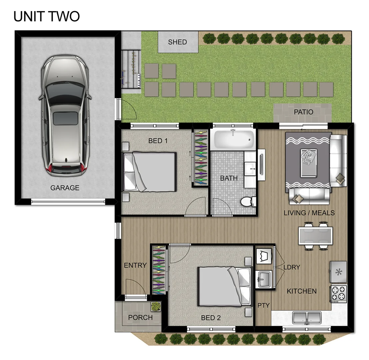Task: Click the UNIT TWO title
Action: (x=46, y=16)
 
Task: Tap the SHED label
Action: (x=178, y=42)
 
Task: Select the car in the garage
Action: (x=65, y=116)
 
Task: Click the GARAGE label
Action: (x=65, y=188)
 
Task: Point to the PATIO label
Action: (x=303, y=112)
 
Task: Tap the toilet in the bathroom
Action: (x=247, y=202)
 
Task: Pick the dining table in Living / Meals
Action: (x=315, y=236)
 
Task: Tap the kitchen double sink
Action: (x=307, y=317)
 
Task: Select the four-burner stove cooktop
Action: (x=338, y=294)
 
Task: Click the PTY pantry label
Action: (x=263, y=305)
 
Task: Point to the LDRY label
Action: (x=292, y=267)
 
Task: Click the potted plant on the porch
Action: (x=155, y=306)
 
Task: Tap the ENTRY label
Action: (x=135, y=266)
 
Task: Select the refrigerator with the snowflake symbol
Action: (x=338, y=272)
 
